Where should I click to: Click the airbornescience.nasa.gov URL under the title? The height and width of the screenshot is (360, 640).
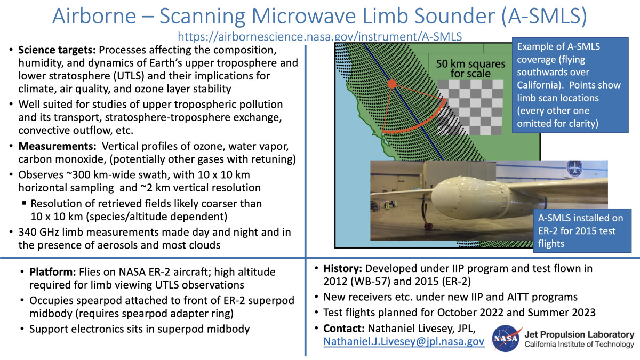click(319, 37)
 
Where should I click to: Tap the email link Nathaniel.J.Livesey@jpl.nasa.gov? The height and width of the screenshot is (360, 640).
click(404, 341)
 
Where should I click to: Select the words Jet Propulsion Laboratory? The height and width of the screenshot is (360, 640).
click(579, 334)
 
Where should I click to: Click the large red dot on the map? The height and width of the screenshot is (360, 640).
click(391, 84)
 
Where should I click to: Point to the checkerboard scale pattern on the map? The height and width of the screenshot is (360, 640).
click(471, 107)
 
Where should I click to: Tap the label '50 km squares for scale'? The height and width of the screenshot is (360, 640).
click(470, 69)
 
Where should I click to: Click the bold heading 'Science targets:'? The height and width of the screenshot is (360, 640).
click(57, 50)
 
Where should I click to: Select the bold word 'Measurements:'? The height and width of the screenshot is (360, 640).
click(58, 146)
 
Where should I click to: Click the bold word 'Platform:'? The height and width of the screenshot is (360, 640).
click(53, 271)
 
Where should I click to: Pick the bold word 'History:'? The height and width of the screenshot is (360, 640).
click(342, 269)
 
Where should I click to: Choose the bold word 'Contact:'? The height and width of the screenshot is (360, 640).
click(344, 329)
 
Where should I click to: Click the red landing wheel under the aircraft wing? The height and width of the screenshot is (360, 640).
click(428, 226)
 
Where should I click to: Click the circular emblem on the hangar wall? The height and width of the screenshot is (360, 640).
click(574, 169)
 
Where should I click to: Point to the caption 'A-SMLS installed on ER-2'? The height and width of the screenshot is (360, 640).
click(580, 225)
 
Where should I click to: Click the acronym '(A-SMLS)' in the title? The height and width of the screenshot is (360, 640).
click(543, 16)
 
